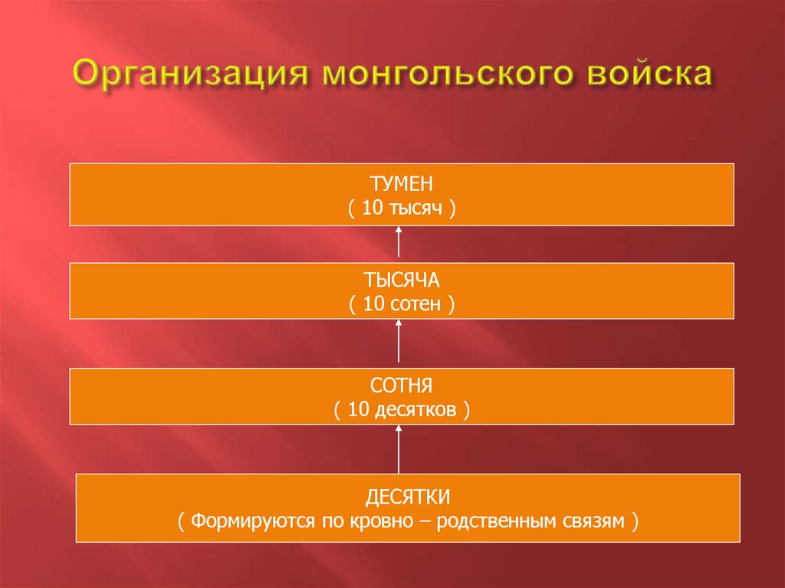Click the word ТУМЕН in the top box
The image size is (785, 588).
402,185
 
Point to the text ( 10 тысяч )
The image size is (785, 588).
402,208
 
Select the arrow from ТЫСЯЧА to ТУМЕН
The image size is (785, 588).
399,244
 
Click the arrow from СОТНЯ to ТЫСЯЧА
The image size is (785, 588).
399,341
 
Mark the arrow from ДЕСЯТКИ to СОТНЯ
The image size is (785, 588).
399,449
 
